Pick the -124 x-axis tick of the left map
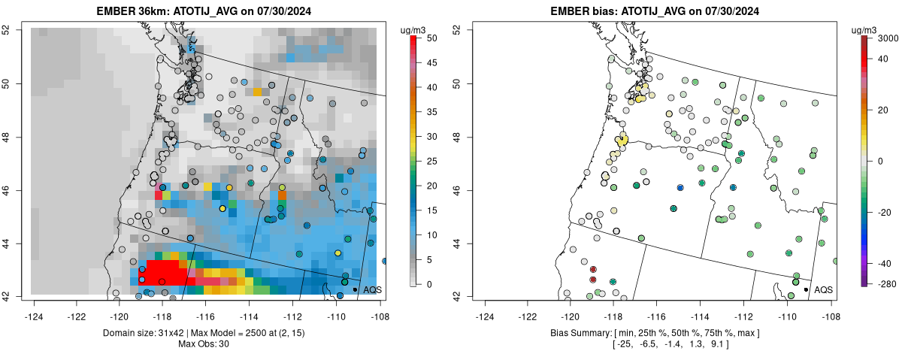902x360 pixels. tap(34, 307)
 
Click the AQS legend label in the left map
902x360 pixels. tap(372, 289)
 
